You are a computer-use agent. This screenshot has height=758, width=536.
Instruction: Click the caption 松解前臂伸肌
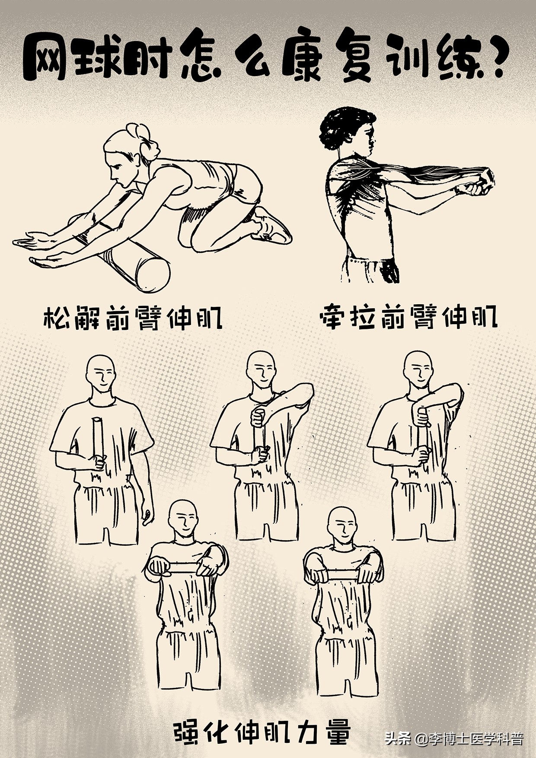pyautogui.click(x=133, y=319)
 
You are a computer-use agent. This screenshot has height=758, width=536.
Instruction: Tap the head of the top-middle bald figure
pyautogui.click(x=260, y=370)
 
